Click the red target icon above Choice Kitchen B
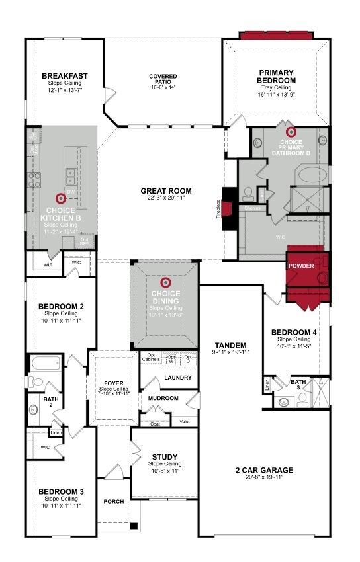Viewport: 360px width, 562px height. click(61, 198)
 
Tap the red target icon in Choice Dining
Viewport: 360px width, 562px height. click(165, 280)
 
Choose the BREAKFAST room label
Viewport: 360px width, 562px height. click(65, 76)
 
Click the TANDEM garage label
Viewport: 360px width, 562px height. click(231, 345)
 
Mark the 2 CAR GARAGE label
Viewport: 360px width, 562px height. click(264, 470)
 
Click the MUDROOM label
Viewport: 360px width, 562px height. click(163, 398)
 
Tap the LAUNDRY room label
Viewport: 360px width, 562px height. click(178, 378)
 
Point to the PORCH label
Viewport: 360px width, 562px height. click(114, 501)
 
